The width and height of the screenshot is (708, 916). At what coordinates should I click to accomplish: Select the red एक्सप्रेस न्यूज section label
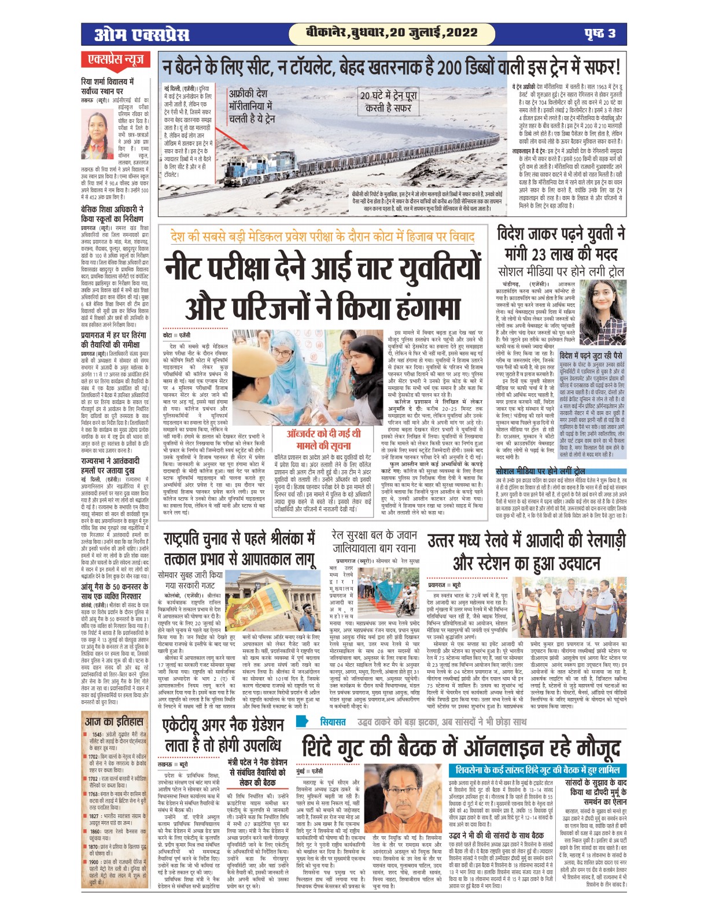tap(116, 60)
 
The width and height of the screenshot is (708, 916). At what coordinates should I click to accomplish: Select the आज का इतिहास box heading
tap(114, 722)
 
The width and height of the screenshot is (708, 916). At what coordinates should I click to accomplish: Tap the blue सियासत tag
tap(333, 722)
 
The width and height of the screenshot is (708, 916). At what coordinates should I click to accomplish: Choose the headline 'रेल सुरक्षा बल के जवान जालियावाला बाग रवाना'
tap(375, 542)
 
